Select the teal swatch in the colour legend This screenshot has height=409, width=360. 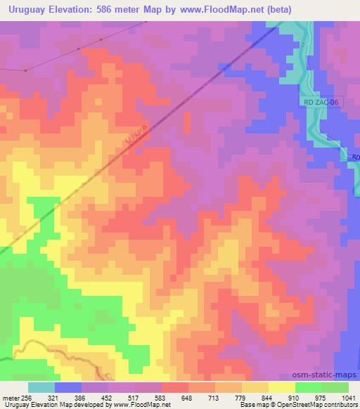click(x=41, y=387)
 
